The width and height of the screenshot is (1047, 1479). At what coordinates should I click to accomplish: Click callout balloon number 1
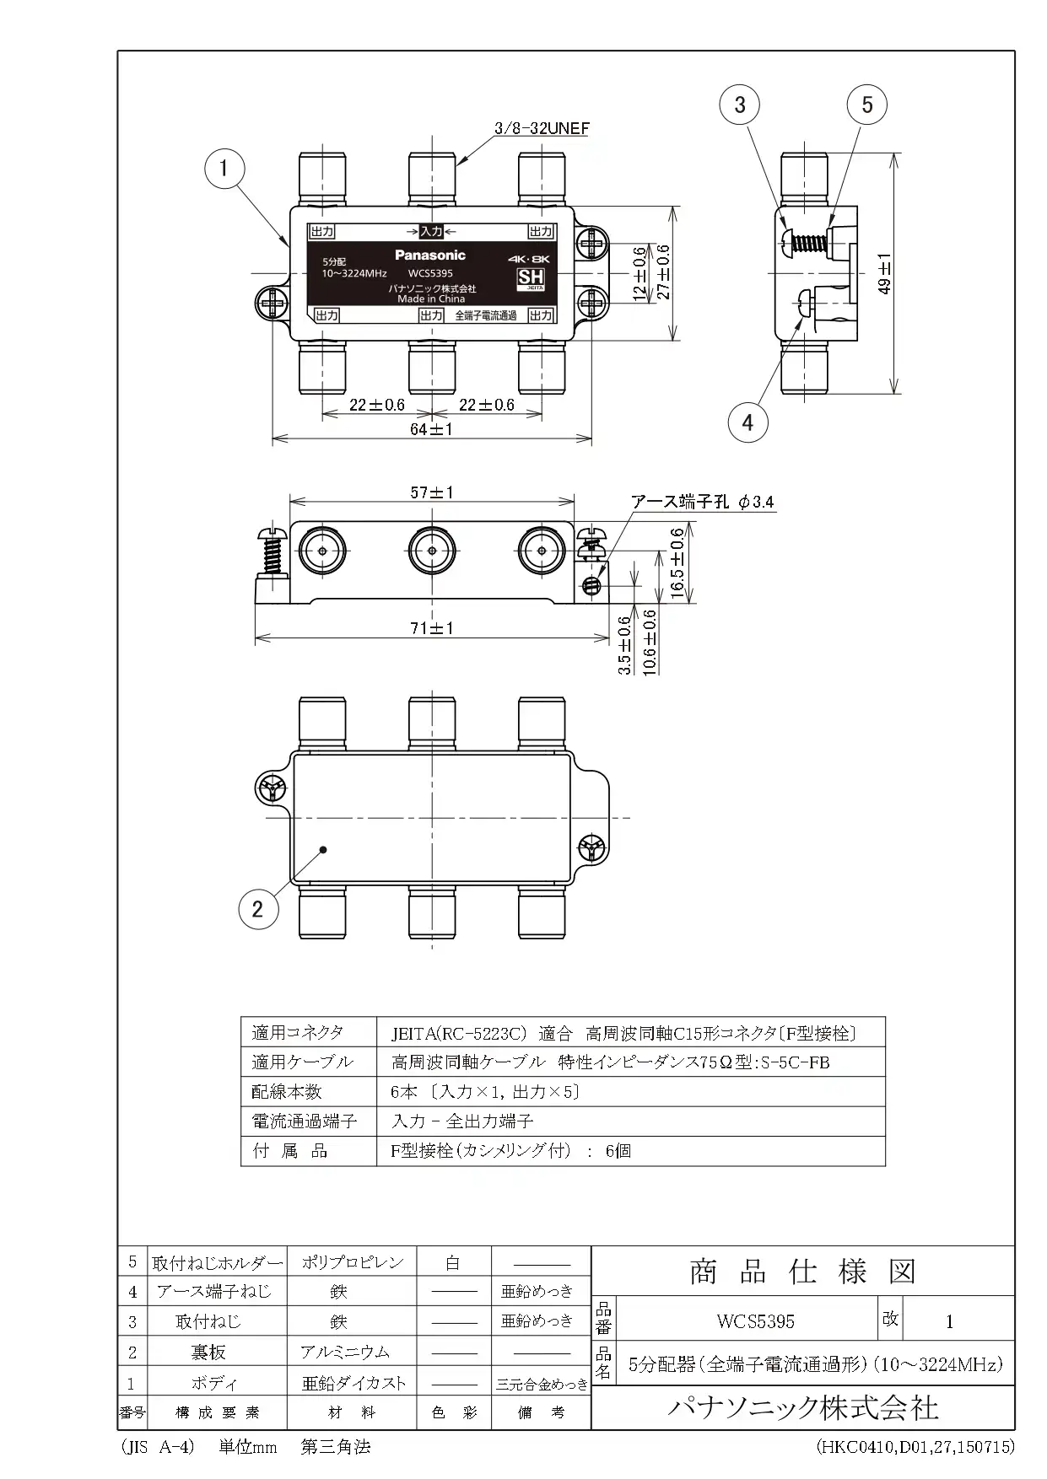(x=224, y=169)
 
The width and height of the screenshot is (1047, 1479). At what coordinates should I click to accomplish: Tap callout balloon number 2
(x=257, y=908)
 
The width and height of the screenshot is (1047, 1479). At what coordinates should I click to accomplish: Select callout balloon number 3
(x=740, y=105)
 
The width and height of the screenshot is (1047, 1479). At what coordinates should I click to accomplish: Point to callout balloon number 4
(x=747, y=421)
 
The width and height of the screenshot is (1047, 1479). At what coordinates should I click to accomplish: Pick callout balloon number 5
(x=867, y=105)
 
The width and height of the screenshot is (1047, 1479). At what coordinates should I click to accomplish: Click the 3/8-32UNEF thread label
(x=541, y=129)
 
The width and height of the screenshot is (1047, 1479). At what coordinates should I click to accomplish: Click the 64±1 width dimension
(x=431, y=429)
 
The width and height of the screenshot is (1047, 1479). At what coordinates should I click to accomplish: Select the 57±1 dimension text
(x=431, y=492)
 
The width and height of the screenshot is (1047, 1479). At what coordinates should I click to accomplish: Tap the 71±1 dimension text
(x=431, y=628)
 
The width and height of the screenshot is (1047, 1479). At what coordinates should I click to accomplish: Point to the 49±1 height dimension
(x=884, y=274)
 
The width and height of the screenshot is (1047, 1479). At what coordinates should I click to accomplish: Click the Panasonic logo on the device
(x=429, y=255)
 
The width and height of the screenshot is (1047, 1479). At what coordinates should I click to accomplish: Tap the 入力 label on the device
(x=431, y=231)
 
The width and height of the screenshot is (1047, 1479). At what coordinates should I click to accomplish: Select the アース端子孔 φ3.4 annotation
(x=703, y=502)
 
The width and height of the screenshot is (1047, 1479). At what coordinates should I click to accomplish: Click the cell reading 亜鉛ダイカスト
(x=353, y=1383)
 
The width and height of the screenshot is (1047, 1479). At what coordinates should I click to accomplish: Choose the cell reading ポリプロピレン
(x=353, y=1262)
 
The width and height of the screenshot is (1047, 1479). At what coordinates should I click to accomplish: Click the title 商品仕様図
(x=802, y=1272)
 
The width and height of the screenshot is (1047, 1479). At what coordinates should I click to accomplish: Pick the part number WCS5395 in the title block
(x=755, y=1321)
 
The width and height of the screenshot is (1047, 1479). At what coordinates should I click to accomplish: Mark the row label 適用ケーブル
(x=302, y=1062)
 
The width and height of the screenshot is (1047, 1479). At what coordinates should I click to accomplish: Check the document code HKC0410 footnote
(x=915, y=1447)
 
